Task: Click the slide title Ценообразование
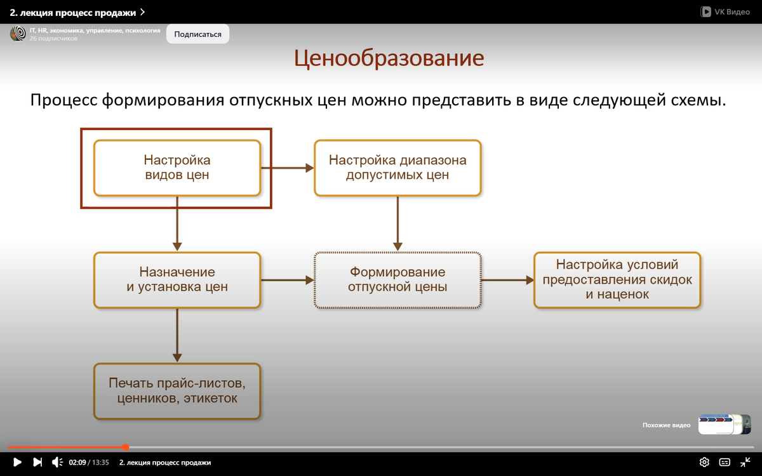(x=389, y=58)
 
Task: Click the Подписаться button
(x=197, y=34)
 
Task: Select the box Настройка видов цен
(x=177, y=168)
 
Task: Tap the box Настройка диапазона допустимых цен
(x=398, y=168)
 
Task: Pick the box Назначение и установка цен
(x=177, y=279)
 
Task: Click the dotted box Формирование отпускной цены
(x=398, y=279)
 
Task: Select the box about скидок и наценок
(x=617, y=279)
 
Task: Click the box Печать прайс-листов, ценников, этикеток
(x=177, y=391)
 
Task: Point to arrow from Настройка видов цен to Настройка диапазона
(x=287, y=168)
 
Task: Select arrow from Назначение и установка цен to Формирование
(x=287, y=279)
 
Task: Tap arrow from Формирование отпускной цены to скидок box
(x=507, y=279)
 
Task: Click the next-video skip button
(x=37, y=462)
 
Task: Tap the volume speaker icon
(x=57, y=462)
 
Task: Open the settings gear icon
(x=704, y=462)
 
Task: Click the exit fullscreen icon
(x=745, y=462)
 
